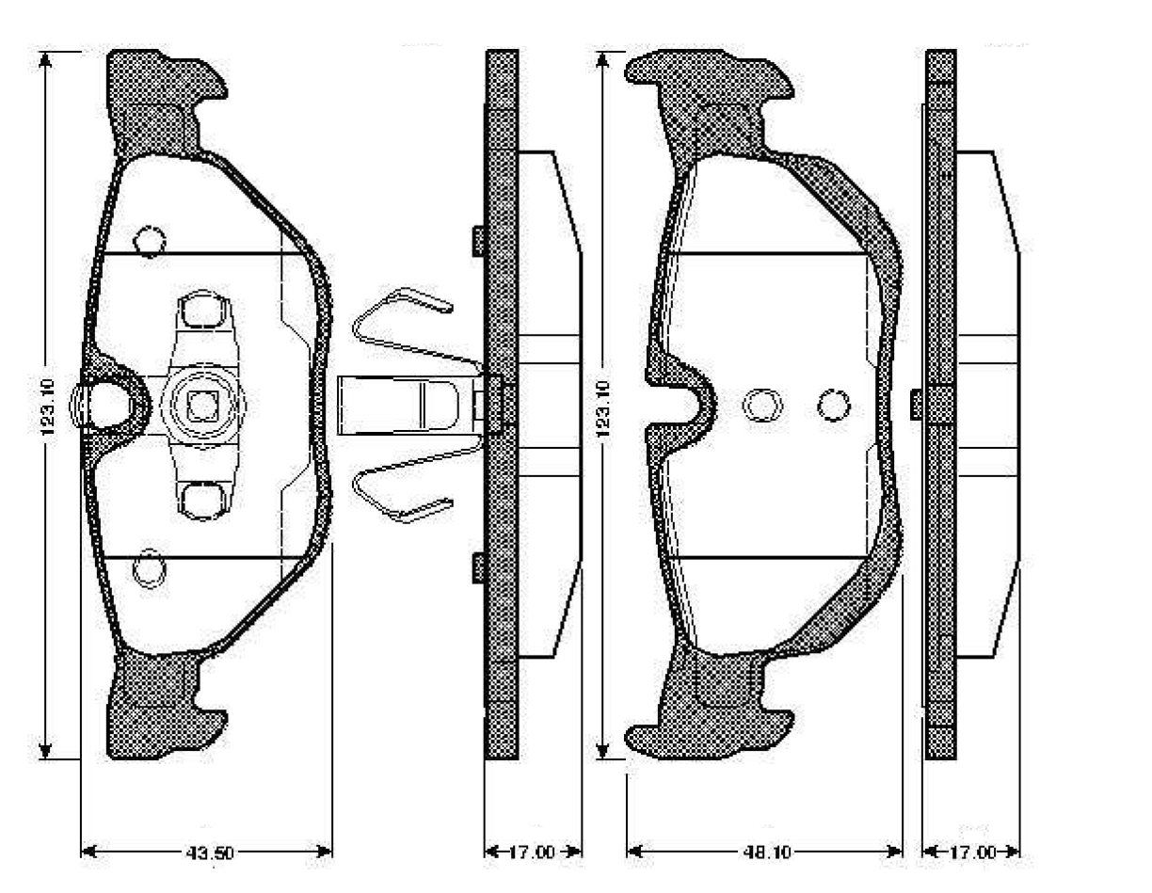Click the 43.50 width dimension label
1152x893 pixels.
pos(209,853)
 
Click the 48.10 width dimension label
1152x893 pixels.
pos(766,853)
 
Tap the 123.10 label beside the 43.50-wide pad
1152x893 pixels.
pos(47,407)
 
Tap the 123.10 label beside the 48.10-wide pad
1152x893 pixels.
pos(603,408)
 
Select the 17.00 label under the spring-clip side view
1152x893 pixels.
pos(531,853)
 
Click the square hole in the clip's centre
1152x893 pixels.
pos(203,406)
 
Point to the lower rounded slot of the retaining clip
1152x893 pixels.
pos(203,502)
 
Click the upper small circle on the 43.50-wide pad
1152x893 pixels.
pos(150,241)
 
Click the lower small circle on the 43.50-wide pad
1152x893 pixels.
pos(149,569)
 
